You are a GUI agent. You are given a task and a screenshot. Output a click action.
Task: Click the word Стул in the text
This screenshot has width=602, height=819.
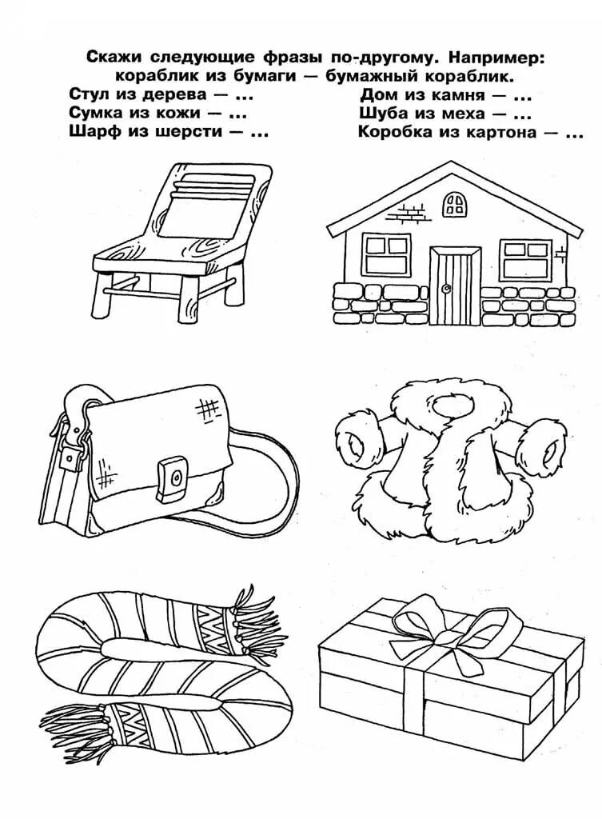[x=86, y=95]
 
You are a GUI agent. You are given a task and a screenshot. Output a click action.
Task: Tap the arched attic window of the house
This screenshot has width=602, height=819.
[x=456, y=202]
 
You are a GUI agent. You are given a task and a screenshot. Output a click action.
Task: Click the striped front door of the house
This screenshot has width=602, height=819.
[x=455, y=286]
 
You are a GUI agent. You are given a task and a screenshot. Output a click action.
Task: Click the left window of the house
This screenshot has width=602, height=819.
[x=386, y=254]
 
